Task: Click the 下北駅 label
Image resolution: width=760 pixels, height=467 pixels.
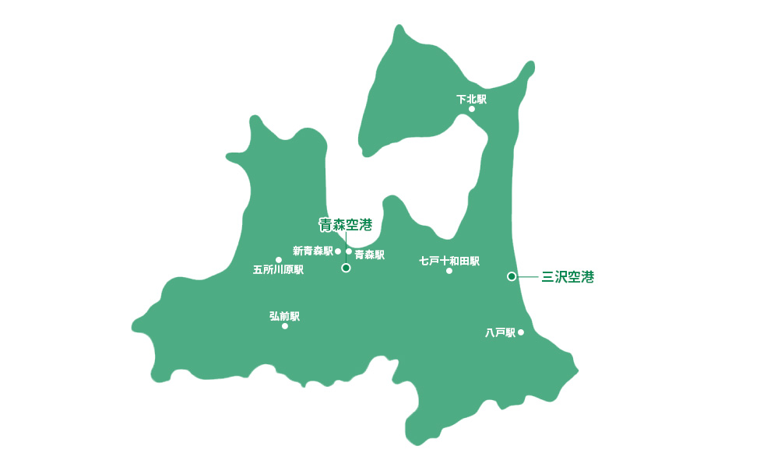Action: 471,99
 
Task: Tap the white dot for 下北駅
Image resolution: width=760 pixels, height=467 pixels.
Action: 472,109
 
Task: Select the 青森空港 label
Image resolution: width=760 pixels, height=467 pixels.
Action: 346,225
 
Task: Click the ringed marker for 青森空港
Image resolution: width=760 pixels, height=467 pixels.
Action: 347,268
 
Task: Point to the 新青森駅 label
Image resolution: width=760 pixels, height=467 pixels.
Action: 312,251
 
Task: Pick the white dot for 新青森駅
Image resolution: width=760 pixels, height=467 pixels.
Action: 338,251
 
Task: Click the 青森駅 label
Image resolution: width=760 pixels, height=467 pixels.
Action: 369,255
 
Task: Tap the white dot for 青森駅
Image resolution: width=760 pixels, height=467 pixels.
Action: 349,251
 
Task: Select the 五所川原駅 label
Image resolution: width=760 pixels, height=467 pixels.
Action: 278,270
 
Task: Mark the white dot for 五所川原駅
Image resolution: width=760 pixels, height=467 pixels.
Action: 279,260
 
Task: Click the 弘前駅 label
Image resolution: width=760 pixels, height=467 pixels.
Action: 284,316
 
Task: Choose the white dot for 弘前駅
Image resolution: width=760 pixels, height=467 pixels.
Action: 285,326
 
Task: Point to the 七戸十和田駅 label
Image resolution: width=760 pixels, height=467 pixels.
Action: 449,261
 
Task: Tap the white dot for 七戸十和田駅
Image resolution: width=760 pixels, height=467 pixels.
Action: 449,271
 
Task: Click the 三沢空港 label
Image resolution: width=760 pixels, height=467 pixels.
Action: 568,276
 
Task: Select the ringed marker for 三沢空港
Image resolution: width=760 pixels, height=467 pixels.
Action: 512,276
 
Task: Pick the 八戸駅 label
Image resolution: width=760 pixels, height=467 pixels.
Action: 500,333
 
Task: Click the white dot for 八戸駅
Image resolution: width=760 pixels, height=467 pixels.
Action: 521,332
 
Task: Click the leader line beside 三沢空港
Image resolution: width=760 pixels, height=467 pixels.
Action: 527,276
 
